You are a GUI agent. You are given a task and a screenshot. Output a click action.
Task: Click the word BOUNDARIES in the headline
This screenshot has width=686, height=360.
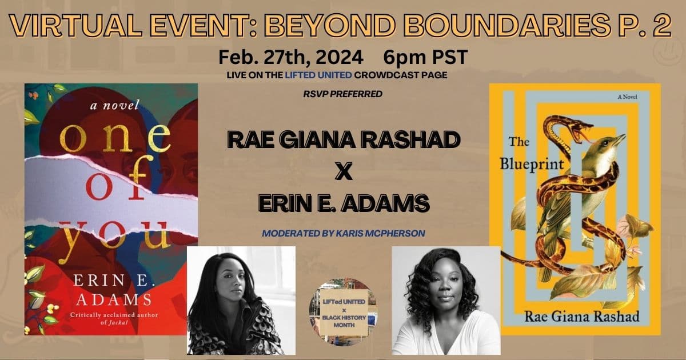pos(508,25)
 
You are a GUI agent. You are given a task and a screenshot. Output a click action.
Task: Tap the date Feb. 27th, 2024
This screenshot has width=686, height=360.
pos(290,58)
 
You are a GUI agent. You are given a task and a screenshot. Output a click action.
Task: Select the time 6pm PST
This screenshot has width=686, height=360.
pos(425,57)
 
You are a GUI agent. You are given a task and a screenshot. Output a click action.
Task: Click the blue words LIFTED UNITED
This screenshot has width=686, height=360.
pos(318,75)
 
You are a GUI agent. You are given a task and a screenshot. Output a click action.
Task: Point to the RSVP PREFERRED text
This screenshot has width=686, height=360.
pos(342,94)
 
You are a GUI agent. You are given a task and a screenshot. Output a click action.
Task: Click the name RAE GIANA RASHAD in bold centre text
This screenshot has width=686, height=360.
pos(344,139)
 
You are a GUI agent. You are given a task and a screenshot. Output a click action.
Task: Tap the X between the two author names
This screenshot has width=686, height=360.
pos(344,171)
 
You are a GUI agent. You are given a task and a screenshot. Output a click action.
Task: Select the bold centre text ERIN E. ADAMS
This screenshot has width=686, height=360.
pos(344,203)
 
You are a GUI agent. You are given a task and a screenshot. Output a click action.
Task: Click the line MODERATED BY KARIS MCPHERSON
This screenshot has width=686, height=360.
pos(344,233)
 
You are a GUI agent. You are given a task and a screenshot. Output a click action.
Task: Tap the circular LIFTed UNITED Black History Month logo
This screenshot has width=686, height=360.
pos(344,311)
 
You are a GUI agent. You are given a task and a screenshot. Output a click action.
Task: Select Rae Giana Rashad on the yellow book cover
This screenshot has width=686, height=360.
pos(582,317)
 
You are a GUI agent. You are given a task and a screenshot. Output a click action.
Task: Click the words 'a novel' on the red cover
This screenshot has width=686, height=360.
pos(114,105)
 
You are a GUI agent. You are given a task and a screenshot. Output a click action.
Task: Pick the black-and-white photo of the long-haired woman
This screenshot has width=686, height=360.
pos(241,301)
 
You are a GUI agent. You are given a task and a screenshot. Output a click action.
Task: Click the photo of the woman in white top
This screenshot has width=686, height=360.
pos(446,301)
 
